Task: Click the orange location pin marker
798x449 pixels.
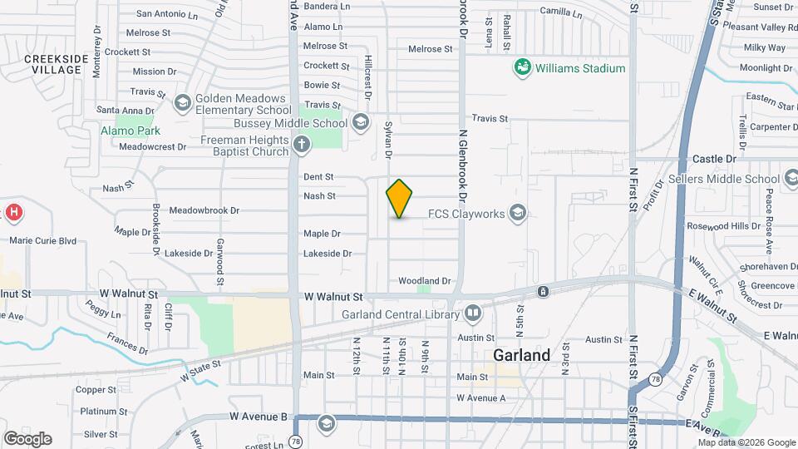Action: coord(400,198)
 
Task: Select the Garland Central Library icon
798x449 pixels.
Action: coord(473,314)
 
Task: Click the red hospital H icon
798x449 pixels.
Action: coord(13,213)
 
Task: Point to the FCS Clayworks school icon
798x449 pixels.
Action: coord(518,214)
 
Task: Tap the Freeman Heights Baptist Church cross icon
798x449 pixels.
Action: coord(301,146)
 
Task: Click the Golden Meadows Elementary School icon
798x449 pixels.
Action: coord(182,103)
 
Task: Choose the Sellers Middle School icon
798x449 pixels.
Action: coord(791,179)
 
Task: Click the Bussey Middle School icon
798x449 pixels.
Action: coord(360,123)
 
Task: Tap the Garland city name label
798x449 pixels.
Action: coord(521,355)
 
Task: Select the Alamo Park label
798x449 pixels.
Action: coord(131,131)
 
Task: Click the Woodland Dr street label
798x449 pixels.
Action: coord(425,281)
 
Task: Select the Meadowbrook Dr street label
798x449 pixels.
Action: coord(204,211)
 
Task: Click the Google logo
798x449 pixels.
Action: coord(27,439)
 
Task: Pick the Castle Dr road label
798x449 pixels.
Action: coord(714,158)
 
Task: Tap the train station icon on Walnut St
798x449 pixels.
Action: coord(542,291)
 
